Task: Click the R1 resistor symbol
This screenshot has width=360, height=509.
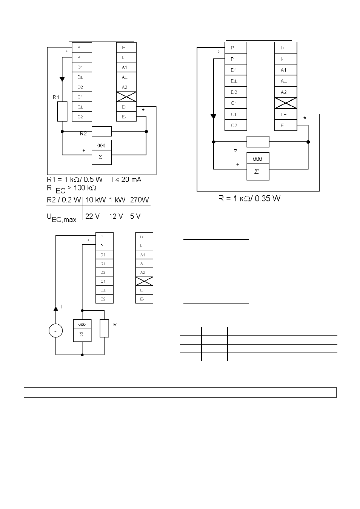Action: click(62, 111)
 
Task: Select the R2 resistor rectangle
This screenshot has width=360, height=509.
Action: click(102, 131)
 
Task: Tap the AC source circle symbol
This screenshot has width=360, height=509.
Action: click(56, 330)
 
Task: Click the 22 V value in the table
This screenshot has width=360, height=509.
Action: click(92, 216)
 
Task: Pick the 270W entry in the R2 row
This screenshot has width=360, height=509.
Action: click(139, 200)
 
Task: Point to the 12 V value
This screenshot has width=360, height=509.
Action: click(116, 216)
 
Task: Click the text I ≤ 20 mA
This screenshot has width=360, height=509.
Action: click(126, 179)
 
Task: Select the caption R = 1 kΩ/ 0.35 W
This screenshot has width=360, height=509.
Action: click(249, 198)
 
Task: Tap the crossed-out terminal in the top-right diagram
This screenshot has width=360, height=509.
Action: click(286, 103)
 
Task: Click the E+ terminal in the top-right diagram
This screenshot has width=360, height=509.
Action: click(286, 114)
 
